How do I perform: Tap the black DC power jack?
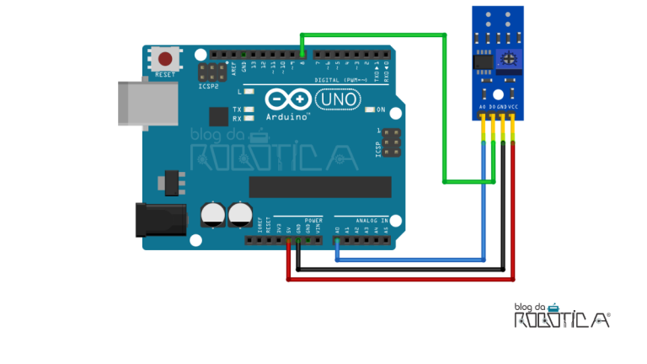[161, 220]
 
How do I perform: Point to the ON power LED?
[370, 110]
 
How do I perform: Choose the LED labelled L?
[249, 91]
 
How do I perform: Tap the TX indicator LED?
[249, 110]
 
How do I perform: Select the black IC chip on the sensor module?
[483, 61]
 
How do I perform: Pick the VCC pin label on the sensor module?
[511, 108]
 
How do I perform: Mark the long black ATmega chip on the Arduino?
[320, 187]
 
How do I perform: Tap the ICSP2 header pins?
[211, 71]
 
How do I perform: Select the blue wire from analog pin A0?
[413, 260]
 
